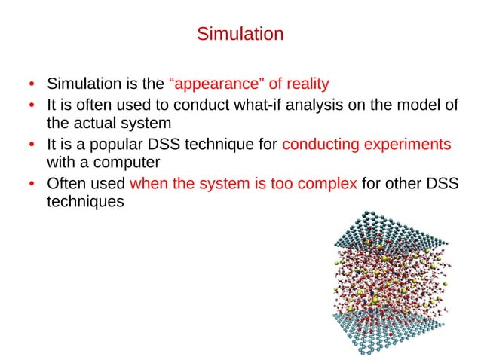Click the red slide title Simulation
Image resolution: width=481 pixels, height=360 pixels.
tap(240, 35)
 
